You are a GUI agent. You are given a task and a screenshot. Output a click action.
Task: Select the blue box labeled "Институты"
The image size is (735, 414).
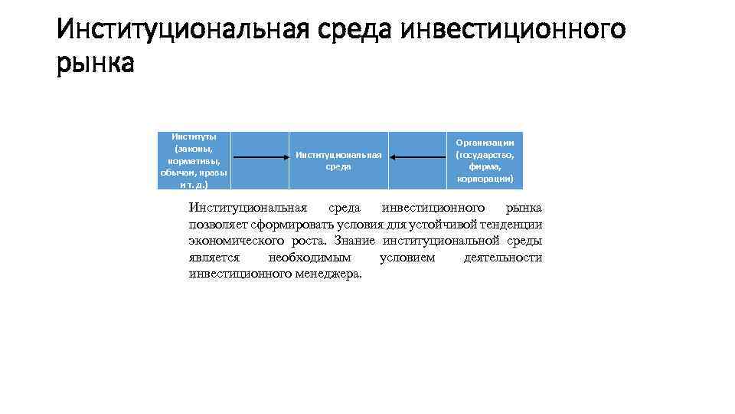coord(194,160)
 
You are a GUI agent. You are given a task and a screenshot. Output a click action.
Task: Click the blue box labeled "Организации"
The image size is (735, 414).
coord(485,160)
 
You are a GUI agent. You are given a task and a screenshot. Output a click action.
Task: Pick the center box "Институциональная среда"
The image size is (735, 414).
coord(338,160)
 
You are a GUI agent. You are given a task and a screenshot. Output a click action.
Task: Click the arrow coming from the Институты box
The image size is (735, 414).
coord(260,158)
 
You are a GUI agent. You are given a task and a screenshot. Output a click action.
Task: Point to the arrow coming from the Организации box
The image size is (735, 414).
coord(418,158)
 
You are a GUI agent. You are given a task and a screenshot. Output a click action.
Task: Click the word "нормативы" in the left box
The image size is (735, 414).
coord(194,160)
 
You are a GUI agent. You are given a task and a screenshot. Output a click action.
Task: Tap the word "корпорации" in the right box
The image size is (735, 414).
coord(485,179)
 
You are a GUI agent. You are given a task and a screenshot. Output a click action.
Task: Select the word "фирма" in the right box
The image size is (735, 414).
coord(485,166)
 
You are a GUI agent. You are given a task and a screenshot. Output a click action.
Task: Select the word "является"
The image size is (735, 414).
coord(214,258)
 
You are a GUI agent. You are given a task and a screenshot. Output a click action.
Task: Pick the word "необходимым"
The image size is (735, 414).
coord(309,258)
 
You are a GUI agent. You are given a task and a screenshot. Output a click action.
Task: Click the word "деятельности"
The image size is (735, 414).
coord(503,258)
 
